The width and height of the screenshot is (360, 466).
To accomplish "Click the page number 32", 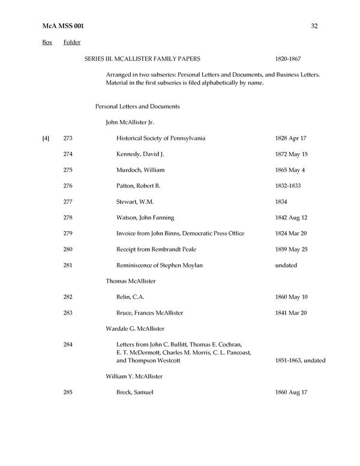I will (314, 26).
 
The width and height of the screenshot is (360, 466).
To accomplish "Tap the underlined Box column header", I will (47, 43).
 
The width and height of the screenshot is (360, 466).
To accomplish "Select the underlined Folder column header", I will (72, 43).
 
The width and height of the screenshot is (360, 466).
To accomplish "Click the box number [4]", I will (46, 139).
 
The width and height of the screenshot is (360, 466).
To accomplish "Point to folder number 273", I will (68, 139).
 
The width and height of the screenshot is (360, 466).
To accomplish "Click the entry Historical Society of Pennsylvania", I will (161, 139).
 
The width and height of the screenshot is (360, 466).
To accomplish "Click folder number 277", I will (68, 202).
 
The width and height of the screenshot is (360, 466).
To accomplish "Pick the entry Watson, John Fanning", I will (145, 217).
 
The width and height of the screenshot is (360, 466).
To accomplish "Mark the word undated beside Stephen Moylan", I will (285, 265).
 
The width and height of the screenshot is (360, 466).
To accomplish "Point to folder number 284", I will (68, 344).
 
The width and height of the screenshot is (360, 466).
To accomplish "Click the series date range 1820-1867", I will (287, 59).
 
